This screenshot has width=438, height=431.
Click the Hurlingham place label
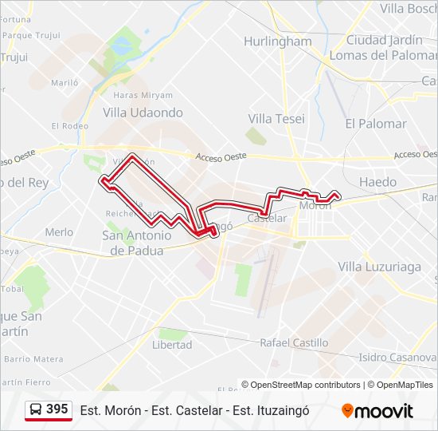click(277, 42)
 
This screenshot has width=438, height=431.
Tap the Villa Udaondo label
click(143, 113)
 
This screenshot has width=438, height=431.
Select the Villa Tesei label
click(271, 118)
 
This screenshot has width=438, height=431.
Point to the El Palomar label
click(375, 124)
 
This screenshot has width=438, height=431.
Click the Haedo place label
click(377, 182)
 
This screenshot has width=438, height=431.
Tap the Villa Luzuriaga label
click(379, 267)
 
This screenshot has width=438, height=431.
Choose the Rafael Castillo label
click(294, 342)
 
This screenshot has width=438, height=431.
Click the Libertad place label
click(172, 345)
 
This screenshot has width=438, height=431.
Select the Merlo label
click(59, 232)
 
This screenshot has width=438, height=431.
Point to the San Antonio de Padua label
click(137, 243)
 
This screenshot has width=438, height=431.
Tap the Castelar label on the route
click(267, 218)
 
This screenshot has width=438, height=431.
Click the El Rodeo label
click(69, 125)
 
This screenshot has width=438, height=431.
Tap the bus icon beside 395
click(37, 409)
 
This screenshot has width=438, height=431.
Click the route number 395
click(57, 409)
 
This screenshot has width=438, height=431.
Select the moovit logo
click(377, 410)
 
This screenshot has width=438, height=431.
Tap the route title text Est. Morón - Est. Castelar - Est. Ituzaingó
click(194, 410)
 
